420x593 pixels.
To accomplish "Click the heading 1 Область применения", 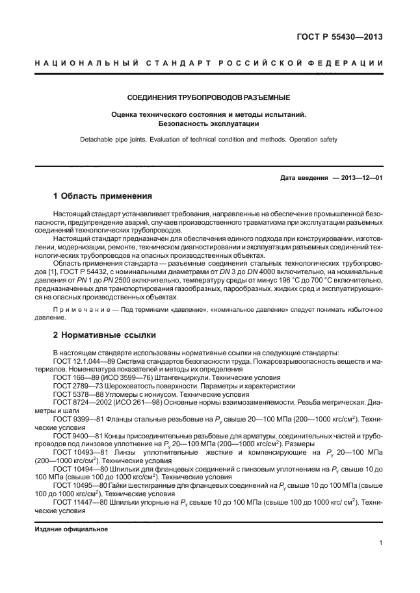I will [102, 196].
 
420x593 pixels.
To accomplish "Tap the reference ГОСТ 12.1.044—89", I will [86, 361].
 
